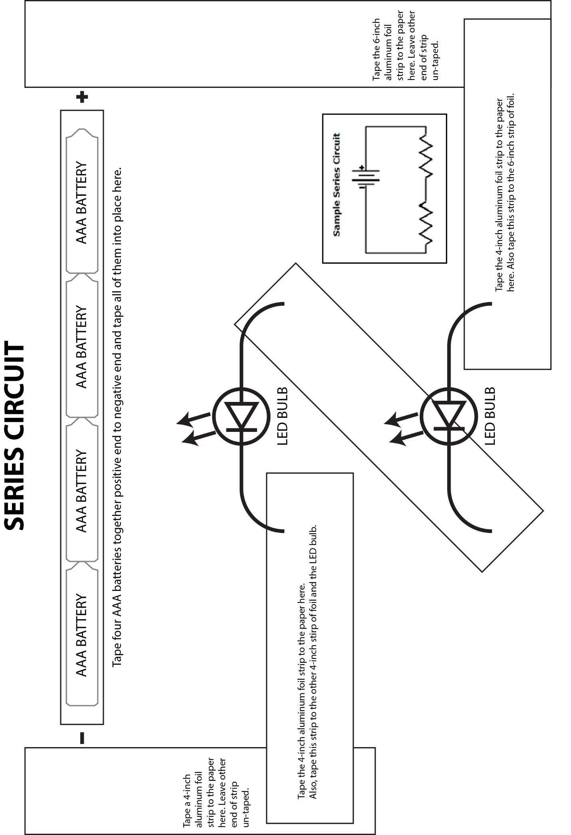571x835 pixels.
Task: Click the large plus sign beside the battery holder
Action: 82,97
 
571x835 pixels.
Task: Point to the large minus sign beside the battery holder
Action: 82,738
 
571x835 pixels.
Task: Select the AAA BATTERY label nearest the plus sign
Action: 81,202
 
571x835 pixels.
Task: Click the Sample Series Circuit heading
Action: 337,184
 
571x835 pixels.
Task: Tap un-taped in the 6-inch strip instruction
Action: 435,60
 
